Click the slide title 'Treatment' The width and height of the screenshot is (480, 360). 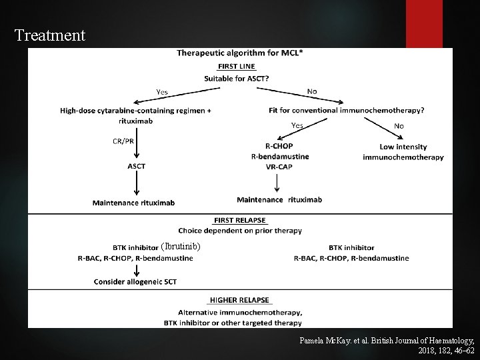coord(50,35)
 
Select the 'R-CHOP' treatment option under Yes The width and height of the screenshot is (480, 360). coord(279,147)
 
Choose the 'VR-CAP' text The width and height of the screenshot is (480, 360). coord(279,166)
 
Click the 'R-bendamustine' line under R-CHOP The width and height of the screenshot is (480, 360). coord(279,157)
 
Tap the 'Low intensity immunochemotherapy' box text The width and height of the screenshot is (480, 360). coord(403,152)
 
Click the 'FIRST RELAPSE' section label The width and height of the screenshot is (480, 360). coord(240,221)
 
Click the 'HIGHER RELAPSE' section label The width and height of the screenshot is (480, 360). coord(240,301)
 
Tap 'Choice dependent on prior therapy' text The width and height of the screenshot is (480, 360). coord(240,231)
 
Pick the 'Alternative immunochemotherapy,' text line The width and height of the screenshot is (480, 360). coord(240,312)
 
